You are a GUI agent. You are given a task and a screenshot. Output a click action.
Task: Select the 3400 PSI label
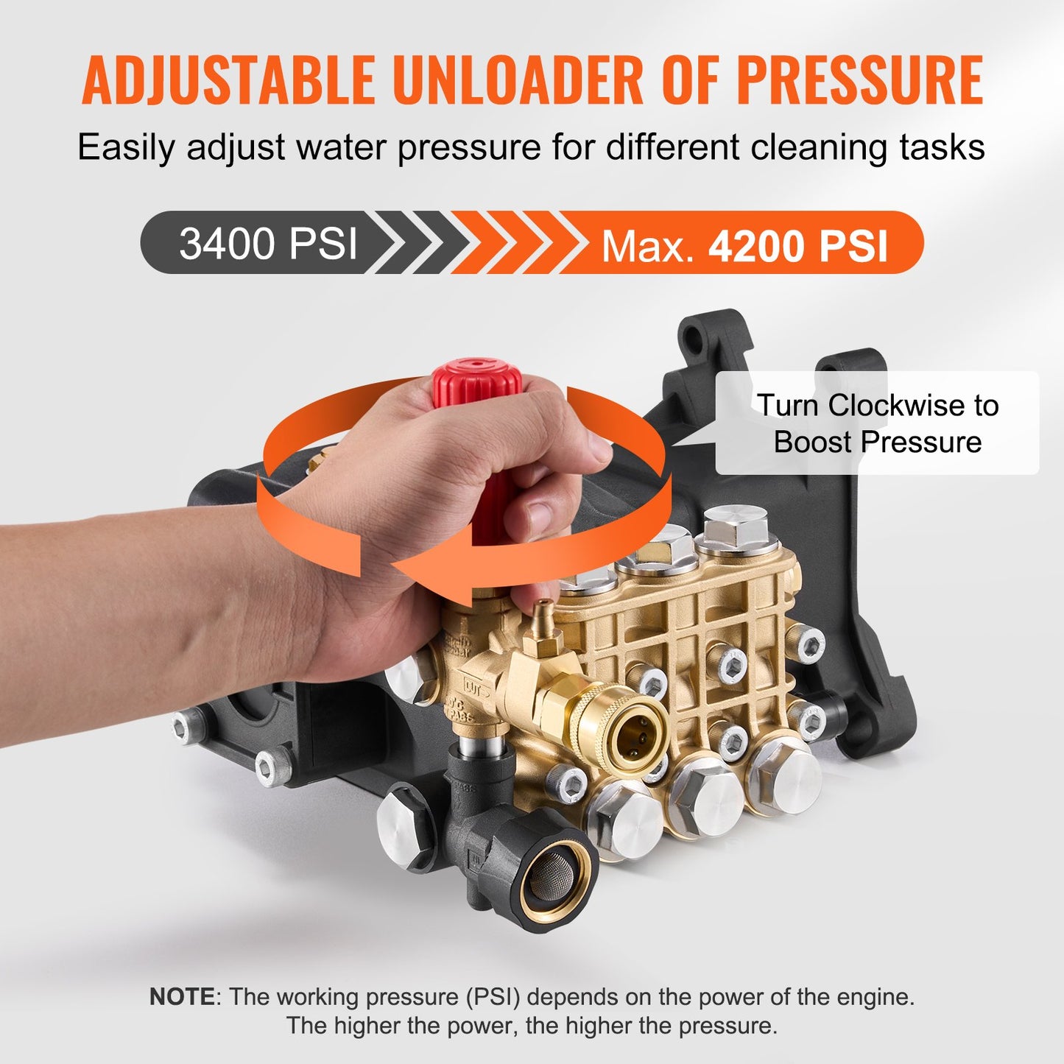268,243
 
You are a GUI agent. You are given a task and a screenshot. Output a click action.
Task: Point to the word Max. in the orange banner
648,247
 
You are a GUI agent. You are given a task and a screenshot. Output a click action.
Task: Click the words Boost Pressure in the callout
877,442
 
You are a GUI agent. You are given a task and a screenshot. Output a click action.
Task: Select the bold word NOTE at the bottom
181,997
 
